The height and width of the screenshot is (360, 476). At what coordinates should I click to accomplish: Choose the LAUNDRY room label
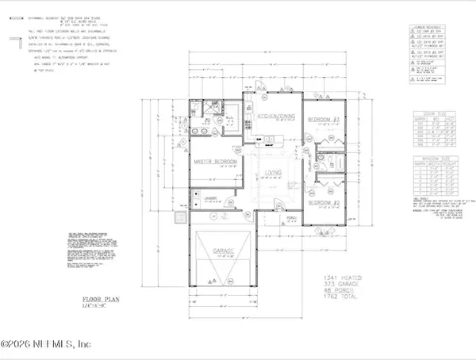210,199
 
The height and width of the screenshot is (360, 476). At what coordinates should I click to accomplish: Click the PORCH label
291,216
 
